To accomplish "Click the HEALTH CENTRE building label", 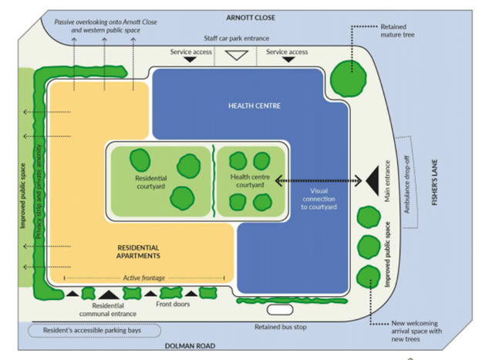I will (254, 106).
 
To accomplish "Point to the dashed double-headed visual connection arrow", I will (318, 180).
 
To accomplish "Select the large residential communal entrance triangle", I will (108, 293).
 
